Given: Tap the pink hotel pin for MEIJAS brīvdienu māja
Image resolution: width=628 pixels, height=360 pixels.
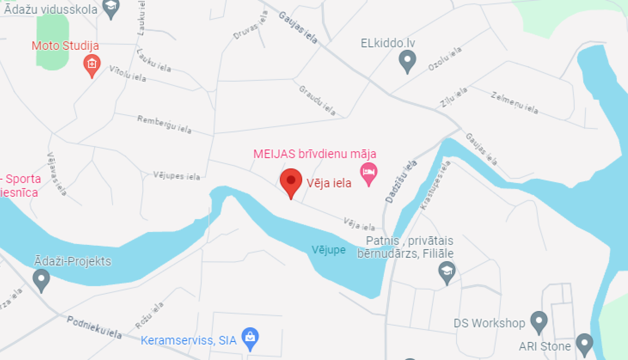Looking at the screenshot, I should (368, 173).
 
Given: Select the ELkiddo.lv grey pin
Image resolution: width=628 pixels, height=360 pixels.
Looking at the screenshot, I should (407, 60).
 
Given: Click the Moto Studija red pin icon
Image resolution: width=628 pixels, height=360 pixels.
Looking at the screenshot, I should (92, 64).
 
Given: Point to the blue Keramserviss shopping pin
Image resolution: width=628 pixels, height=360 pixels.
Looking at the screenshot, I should (250, 337).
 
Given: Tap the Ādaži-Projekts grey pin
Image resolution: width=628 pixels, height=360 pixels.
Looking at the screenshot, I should (41, 279).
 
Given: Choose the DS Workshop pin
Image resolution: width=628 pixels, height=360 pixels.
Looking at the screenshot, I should (538, 321).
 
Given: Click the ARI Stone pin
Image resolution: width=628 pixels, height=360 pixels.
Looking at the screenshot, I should (584, 344).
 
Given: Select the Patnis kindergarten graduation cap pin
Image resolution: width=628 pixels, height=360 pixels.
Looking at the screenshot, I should (447, 272).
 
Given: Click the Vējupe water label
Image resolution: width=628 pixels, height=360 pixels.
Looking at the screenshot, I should (329, 250).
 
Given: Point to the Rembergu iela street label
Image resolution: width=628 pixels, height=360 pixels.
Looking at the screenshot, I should (165, 124).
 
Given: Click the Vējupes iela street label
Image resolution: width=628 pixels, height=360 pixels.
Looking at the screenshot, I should (176, 175).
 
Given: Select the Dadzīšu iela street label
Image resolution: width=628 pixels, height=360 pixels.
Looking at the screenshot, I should (401, 181).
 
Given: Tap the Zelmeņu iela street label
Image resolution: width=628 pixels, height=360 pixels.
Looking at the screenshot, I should (515, 103).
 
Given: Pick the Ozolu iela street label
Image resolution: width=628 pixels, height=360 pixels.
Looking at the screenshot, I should (445, 59).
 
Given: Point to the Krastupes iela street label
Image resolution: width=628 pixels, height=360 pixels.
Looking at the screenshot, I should (435, 185).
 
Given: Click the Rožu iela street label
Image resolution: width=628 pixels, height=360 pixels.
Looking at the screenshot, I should (149, 316).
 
